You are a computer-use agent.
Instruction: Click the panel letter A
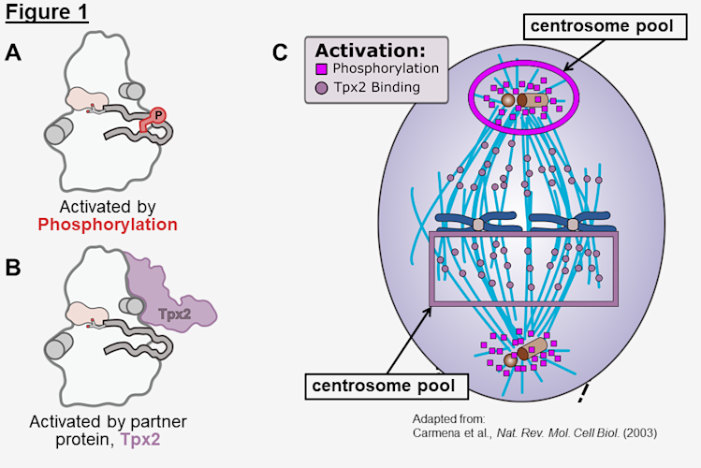tap(13, 53)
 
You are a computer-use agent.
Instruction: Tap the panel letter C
tap(280, 53)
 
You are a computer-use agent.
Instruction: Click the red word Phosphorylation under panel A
tap(107, 225)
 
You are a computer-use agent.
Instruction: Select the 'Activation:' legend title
tap(367, 51)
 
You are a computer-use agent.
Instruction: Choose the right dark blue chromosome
tap(572, 223)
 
